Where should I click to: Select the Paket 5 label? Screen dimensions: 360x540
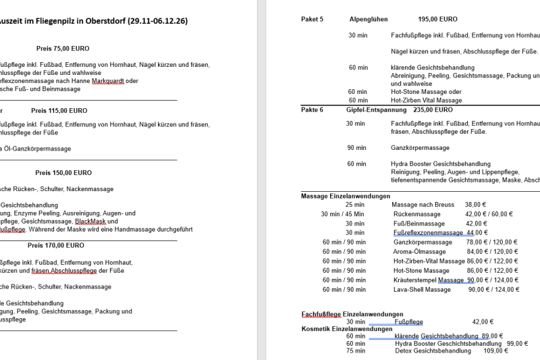[x=312, y=20]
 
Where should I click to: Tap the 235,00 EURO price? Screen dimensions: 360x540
[x=433, y=109]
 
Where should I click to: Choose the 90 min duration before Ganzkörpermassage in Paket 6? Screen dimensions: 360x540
[x=356, y=148]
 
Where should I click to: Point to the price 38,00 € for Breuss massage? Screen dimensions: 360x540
[x=475, y=204]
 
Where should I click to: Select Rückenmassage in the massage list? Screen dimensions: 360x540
[x=416, y=214]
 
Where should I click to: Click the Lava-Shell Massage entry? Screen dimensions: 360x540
[x=422, y=290]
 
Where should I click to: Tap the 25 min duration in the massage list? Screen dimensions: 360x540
[x=354, y=204]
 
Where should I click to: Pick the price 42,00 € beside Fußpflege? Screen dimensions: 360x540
[x=483, y=322]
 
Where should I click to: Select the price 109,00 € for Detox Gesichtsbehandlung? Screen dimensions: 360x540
[x=496, y=351]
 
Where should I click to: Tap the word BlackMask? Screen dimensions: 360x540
[x=91, y=222]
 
